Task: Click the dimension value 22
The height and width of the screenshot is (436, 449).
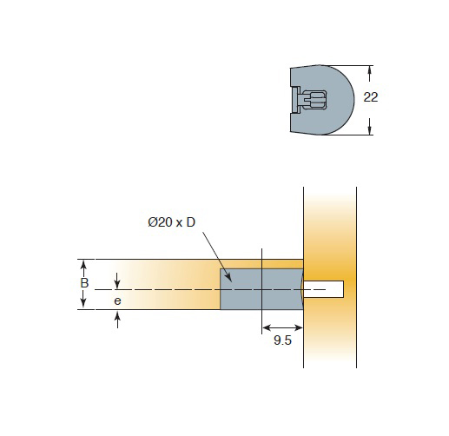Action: pyautogui.click(x=371, y=97)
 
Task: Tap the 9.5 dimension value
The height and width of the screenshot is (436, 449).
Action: pyautogui.click(x=282, y=340)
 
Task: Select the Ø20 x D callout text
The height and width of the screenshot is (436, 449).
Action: pyautogui.click(x=172, y=222)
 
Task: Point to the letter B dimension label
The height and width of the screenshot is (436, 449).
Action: pyautogui.click(x=84, y=283)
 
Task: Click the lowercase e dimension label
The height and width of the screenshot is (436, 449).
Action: pyautogui.click(x=117, y=301)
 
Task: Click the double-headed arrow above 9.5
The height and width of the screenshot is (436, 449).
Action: pyautogui.click(x=282, y=327)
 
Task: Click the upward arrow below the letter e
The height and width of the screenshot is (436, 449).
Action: pyautogui.click(x=117, y=319)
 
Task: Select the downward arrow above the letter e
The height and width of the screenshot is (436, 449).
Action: pyautogui.click(x=117, y=281)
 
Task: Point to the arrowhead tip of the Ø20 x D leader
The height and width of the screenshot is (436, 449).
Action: pyautogui.click(x=232, y=281)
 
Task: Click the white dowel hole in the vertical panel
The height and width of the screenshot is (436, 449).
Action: pyautogui.click(x=323, y=289)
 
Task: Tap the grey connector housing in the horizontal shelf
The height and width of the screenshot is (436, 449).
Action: pyautogui.click(x=261, y=289)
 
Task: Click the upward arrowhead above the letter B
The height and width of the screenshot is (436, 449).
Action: pyautogui.click(x=83, y=264)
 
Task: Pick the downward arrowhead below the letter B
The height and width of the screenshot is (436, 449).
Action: pyautogui.click(x=83, y=302)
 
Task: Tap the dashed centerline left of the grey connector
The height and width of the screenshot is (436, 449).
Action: pyautogui.click(x=157, y=289)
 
